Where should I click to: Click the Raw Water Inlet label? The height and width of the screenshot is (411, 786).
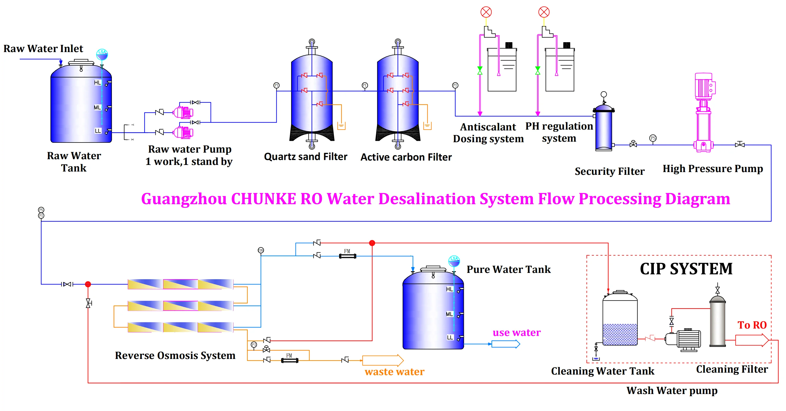click(43, 48)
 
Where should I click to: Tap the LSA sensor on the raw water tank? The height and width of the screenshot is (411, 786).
click(102, 54)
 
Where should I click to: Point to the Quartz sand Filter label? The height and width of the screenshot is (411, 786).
click(305, 157)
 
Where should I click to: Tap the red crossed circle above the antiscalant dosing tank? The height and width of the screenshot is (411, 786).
click(486, 12)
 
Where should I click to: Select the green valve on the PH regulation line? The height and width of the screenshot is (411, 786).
click(538, 71)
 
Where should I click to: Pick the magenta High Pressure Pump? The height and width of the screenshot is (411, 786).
click(703, 113)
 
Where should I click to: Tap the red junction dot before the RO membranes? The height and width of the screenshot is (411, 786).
click(88, 284)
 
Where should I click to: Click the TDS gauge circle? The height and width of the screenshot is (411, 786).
click(260, 250)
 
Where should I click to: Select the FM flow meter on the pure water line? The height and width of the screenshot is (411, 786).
click(348, 256)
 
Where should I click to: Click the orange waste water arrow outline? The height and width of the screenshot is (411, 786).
click(383, 360)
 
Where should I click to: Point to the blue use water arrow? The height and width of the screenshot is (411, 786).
click(505, 344)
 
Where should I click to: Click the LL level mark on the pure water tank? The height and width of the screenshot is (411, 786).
click(450, 337)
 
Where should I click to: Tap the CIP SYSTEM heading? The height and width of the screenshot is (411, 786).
click(686, 269)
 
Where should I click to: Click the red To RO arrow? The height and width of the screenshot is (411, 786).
click(751, 340)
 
